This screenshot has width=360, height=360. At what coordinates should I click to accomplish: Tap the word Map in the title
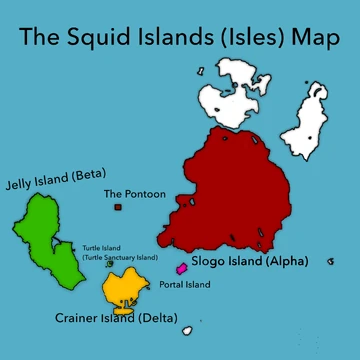click(316, 39)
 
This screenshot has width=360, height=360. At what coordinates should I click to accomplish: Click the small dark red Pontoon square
click(118, 207)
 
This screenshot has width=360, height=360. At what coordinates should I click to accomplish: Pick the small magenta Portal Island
click(181, 268)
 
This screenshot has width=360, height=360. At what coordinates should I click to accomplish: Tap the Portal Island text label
click(185, 285)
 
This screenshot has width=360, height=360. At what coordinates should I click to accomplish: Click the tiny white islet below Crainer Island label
click(186, 329)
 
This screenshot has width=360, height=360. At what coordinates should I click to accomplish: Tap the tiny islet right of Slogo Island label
click(331, 261)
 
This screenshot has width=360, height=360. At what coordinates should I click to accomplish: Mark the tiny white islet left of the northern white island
click(200, 71)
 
